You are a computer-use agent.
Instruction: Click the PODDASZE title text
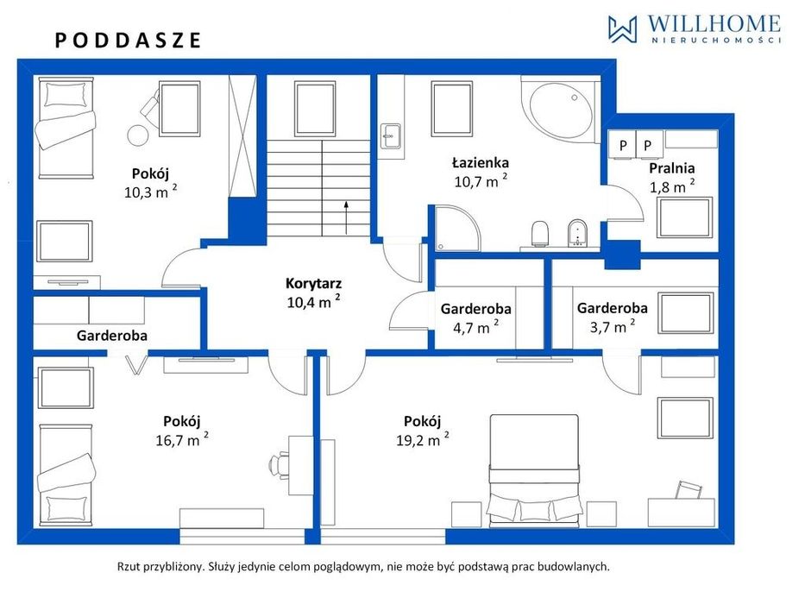coord(128,41)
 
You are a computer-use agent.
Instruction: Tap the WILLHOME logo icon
coord(622,28)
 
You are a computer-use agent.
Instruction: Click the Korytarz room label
coord(314,283)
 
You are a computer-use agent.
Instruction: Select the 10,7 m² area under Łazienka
coord(481,180)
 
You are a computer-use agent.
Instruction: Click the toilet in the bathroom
coord(540,234)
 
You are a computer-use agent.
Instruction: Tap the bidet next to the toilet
coord(578,233)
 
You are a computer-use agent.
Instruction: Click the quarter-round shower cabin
coord(457,229)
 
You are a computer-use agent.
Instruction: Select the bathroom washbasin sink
coord(391,136)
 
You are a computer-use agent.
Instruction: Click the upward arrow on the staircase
coord(347,217)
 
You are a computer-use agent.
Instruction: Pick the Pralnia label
coord(671,168)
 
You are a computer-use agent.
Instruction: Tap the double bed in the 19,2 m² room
coord(534,470)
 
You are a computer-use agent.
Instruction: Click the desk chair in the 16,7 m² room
coord(279,465)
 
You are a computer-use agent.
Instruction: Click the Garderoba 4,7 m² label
coord(476,318)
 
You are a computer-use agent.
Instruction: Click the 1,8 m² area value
coord(672,186)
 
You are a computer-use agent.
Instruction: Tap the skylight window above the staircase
coord(315,109)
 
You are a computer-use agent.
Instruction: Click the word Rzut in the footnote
coord(129,567)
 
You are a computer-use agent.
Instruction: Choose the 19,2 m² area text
coord(423,439)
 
